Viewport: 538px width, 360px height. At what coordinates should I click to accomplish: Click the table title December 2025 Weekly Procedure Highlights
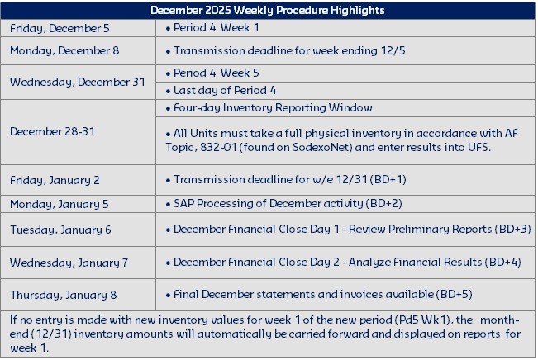tap(268, 10)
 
